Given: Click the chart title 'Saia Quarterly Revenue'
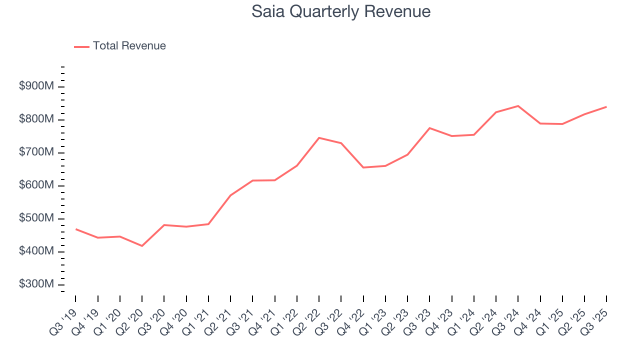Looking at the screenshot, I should (x=341, y=11).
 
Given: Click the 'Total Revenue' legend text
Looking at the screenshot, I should (x=129, y=46).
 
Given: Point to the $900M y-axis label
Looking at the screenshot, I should (x=36, y=86).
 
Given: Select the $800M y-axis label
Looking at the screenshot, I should (x=36, y=119).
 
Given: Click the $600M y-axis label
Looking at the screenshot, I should (x=36, y=185).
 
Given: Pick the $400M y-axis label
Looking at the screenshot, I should (x=36, y=251).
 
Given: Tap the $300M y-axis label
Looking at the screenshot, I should (x=36, y=284).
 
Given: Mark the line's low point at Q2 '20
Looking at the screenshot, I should (x=142, y=246).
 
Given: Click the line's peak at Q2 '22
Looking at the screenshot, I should (x=319, y=137).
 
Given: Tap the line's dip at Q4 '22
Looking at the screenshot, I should (x=363, y=167).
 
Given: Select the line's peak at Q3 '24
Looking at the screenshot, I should (x=518, y=106).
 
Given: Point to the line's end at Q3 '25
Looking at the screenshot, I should (x=606, y=106).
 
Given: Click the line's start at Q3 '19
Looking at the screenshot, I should (x=76, y=229).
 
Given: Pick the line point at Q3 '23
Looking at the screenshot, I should (x=429, y=128).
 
